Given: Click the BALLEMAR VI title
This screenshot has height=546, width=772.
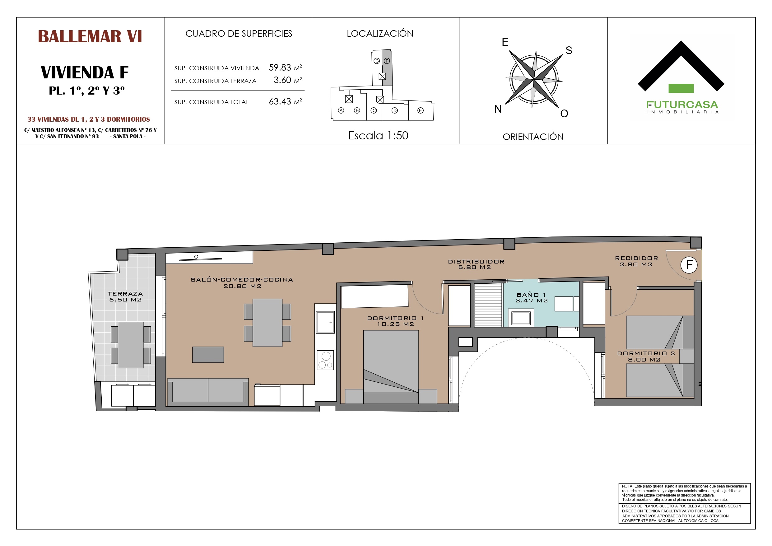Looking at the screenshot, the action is click(x=90, y=36).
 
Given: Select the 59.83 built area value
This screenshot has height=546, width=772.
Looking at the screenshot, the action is click(x=280, y=68).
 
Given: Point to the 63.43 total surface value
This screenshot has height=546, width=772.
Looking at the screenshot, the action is click(x=280, y=102).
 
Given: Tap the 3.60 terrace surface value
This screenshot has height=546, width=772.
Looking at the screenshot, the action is click(x=282, y=80).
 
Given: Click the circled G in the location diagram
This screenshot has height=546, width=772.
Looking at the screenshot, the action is click(x=377, y=61).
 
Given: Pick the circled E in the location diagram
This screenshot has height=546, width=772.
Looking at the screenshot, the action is click(x=420, y=110).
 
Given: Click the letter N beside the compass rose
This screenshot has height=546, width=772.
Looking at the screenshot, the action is click(x=498, y=109).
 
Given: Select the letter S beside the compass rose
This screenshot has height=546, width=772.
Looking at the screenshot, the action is click(x=569, y=50).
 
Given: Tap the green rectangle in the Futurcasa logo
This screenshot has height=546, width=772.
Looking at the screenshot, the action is click(x=681, y=88).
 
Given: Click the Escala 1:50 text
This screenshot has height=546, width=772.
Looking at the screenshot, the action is click(x=378, y=136).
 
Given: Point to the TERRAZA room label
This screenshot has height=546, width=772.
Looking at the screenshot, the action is click(x=125, y=294).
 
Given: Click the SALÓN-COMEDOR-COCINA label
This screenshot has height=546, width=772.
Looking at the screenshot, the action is click(x=242, y=280).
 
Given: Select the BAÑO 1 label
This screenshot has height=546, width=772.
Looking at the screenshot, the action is click(x=532, y=295).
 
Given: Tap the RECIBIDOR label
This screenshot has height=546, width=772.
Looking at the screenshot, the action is click(x=636, y=258).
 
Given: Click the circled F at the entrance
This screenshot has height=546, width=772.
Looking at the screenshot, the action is click(x=689, y=265).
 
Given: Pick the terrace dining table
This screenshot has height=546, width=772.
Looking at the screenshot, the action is click(x=131, y=345).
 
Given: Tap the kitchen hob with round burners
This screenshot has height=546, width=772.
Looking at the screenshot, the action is click(x=325, y=360).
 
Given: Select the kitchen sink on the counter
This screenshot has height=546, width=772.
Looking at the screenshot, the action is click(x=325, y=322).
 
